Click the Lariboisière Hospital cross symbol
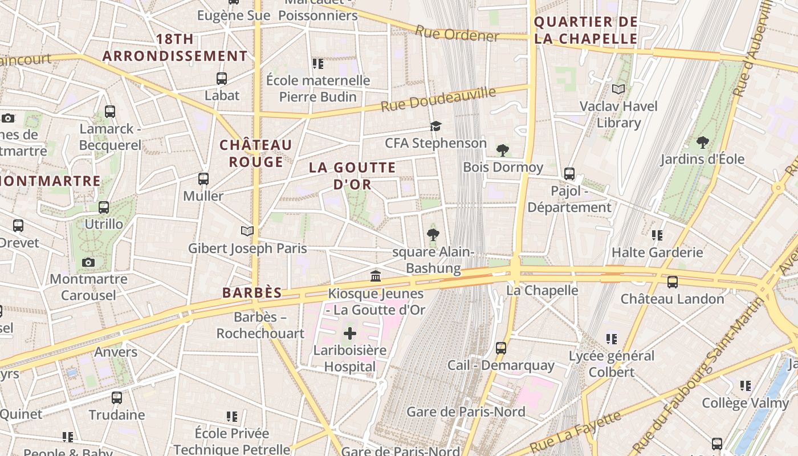(350, 333)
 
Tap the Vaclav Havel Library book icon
(618, 89)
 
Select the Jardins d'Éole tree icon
(702, 142)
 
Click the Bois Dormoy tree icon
(502, 150)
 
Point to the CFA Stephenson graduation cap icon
(435, 126)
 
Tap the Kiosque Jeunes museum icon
(376, 276)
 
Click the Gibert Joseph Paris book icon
(247, 231)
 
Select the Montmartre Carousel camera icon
(88, 262)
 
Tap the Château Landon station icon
(673, 282)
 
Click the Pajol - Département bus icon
(569, 174)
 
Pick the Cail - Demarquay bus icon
(500, 348)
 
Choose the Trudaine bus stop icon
(117, 397)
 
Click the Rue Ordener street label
(457, 34)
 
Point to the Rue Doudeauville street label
(438, 99)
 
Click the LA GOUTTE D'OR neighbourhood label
(352, 176)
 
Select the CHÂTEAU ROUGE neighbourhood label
(256, 153)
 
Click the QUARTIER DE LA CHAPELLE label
(585, 30)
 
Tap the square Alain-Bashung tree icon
(433, 234)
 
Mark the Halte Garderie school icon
(657, 235)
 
